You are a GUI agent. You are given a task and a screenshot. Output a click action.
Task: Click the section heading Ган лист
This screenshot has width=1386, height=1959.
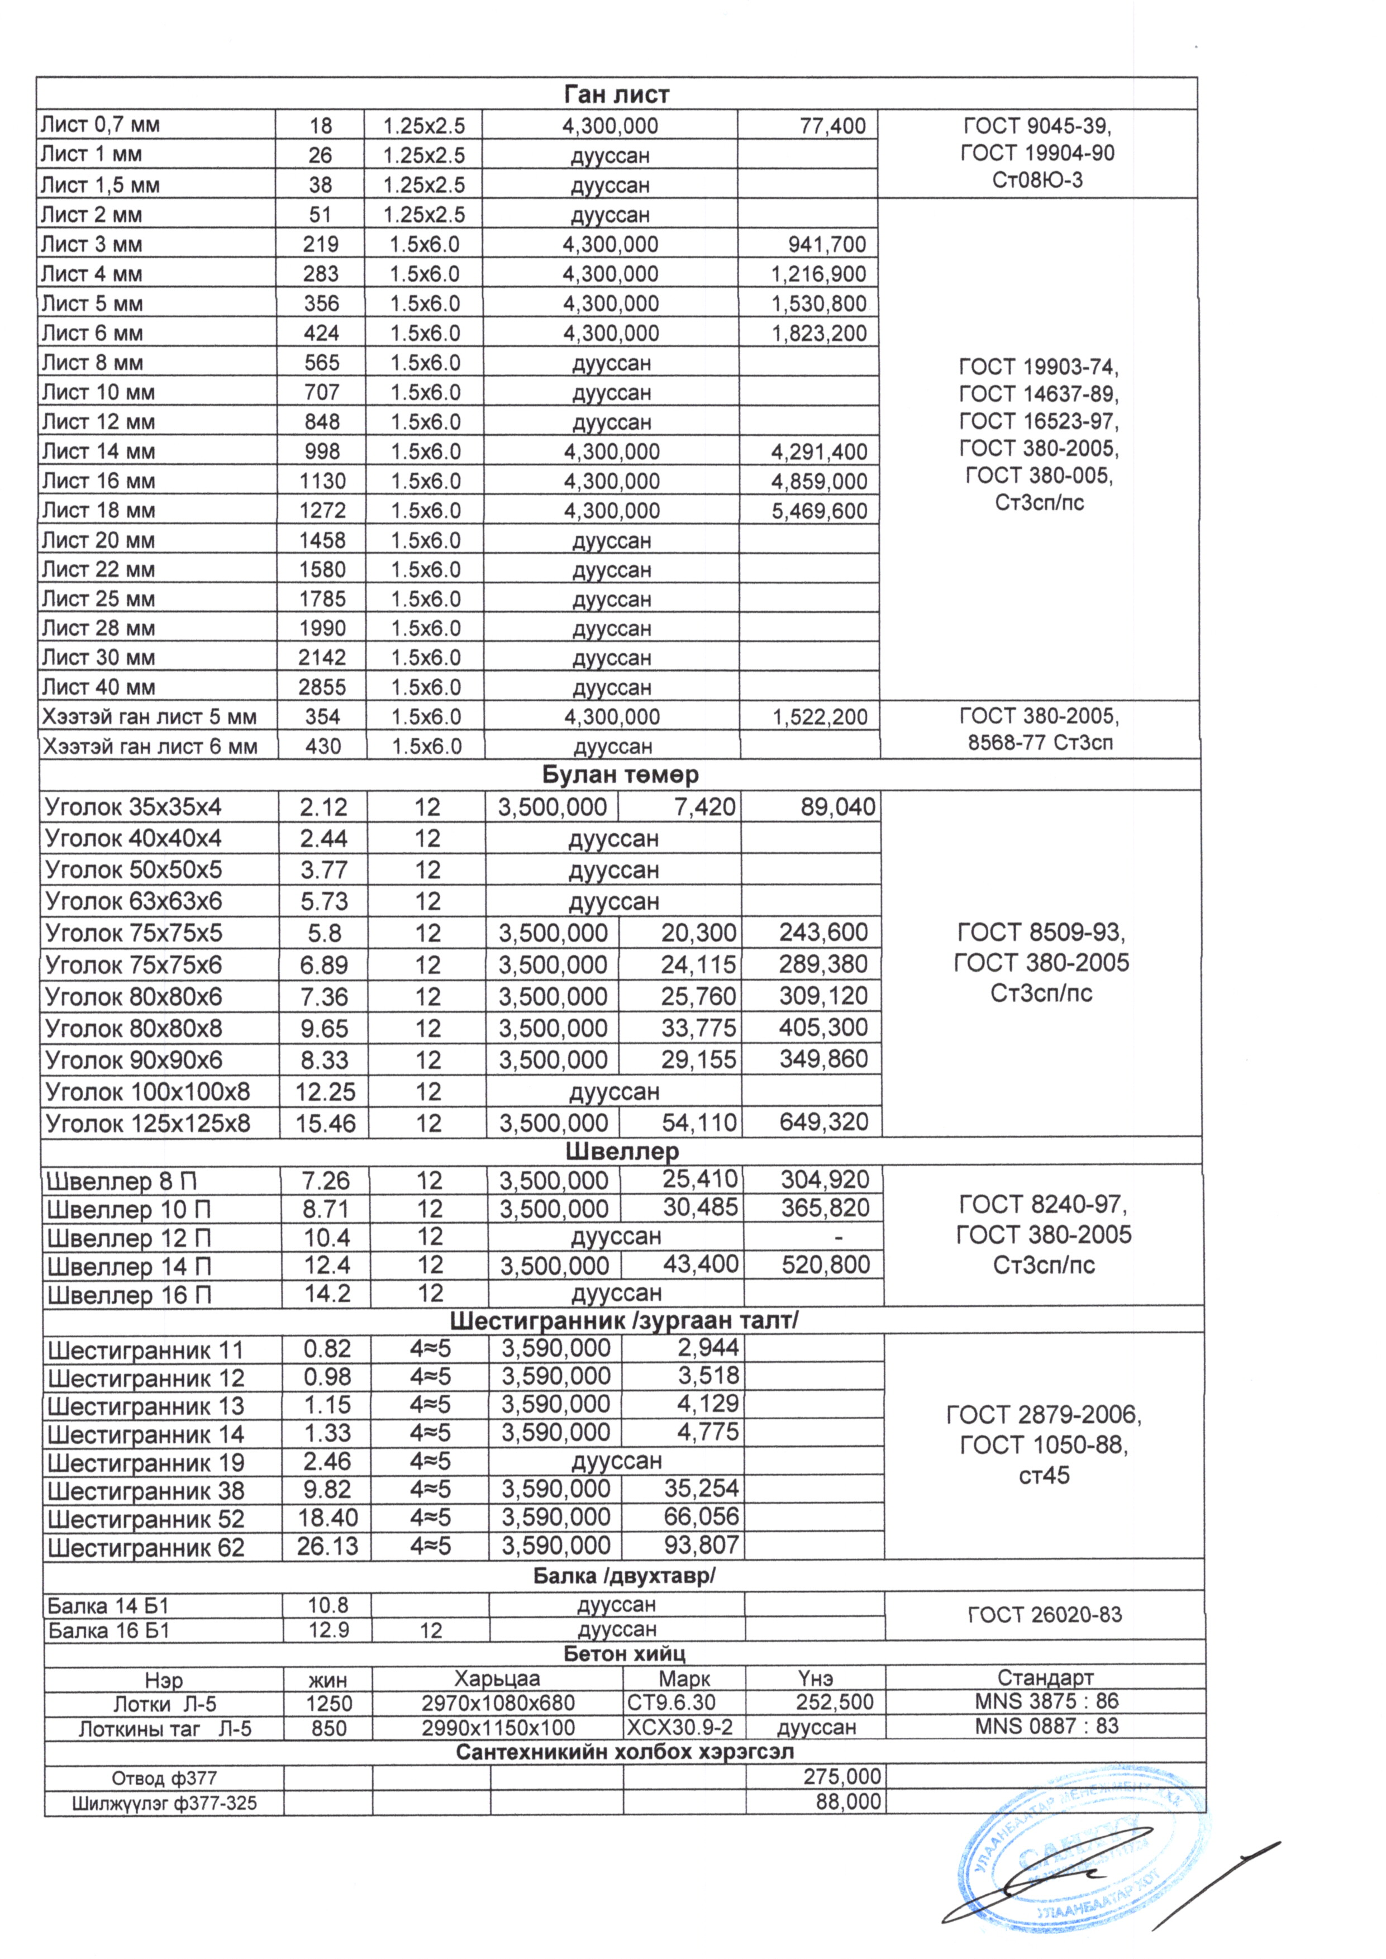click(x=616, y=94)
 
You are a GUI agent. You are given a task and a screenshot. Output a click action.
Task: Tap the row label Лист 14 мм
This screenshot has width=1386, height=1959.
click(x=98, y=451)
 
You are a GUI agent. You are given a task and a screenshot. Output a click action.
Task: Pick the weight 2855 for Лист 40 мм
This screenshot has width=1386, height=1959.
click(x=322, y=687)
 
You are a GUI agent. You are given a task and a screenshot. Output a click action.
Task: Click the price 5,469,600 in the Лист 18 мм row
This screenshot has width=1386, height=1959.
click(x=820, y=511)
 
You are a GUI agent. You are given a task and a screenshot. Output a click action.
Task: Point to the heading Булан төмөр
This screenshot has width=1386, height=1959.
click(x=621, y=775)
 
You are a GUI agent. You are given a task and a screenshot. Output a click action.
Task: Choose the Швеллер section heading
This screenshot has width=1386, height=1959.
click(x=622, y=1152)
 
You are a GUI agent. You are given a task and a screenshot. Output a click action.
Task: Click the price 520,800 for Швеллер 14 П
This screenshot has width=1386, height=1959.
click(x=825, y=1265)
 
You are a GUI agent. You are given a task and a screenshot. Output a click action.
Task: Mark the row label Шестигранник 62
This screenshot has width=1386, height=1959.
click(x=146, y=1548)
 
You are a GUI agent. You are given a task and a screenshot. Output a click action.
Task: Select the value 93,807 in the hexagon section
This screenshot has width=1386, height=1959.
click(x=702, y=1546)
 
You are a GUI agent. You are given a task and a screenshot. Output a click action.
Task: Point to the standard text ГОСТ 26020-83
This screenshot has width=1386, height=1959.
click(x=1045, y=1615)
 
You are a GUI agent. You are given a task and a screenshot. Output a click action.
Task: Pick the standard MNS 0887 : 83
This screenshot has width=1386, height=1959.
click(x=1046, y=1726)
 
